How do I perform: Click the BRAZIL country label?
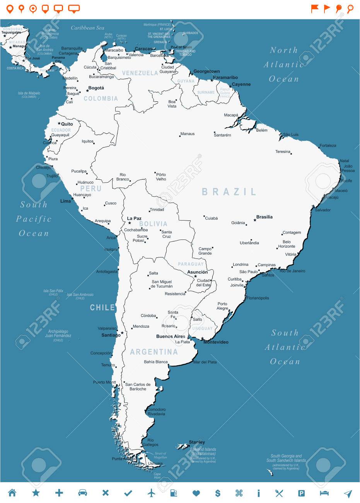229,192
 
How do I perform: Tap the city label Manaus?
188,134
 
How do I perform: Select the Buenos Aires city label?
171,336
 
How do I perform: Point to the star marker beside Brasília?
254,220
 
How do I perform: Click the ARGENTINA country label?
154,352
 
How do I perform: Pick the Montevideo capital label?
216,342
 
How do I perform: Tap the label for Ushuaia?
155,463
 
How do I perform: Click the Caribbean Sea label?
88,28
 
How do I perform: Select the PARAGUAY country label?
191,264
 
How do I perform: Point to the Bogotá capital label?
96,88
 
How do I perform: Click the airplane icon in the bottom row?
151,493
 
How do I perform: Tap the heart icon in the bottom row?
196,493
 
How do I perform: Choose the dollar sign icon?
218,493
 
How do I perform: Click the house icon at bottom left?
12,493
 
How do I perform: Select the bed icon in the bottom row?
324,493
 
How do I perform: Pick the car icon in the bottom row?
82,493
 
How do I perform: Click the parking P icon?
301,493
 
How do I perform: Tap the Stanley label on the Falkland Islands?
197,442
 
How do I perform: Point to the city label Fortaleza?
328,145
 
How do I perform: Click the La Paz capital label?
134,218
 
